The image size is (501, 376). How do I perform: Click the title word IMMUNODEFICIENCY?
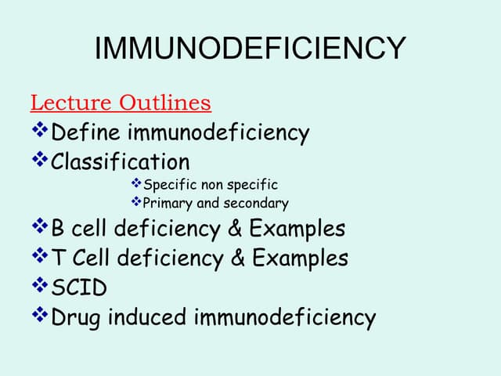point(250,49)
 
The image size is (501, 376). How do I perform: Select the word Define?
point(85,133)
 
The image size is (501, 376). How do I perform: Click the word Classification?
point(120,162)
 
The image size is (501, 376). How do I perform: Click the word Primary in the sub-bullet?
point(168,204)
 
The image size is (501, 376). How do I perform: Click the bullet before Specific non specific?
point(136,184)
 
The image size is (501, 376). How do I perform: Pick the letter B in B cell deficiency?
point(59,229)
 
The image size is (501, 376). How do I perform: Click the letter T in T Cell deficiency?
point(58,258)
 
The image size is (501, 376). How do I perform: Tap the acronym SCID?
point(79,287)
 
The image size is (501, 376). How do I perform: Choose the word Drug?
point(76,317)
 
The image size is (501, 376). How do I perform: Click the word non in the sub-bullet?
point(209,185)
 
